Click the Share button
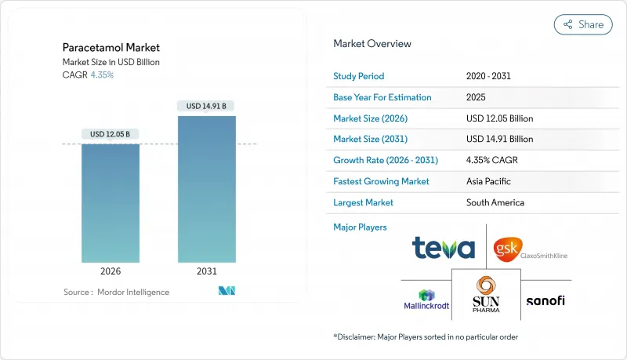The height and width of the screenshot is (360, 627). point(583,24)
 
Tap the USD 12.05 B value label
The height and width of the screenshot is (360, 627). point(111,134)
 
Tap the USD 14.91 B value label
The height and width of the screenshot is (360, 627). point(207,106)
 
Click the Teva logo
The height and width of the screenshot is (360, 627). point(444,249)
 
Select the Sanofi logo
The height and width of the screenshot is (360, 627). point(545,300)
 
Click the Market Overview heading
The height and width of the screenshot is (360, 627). point(371,44)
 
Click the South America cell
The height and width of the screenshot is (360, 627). point(495,202)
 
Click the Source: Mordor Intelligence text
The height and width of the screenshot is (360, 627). point(116,292)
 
